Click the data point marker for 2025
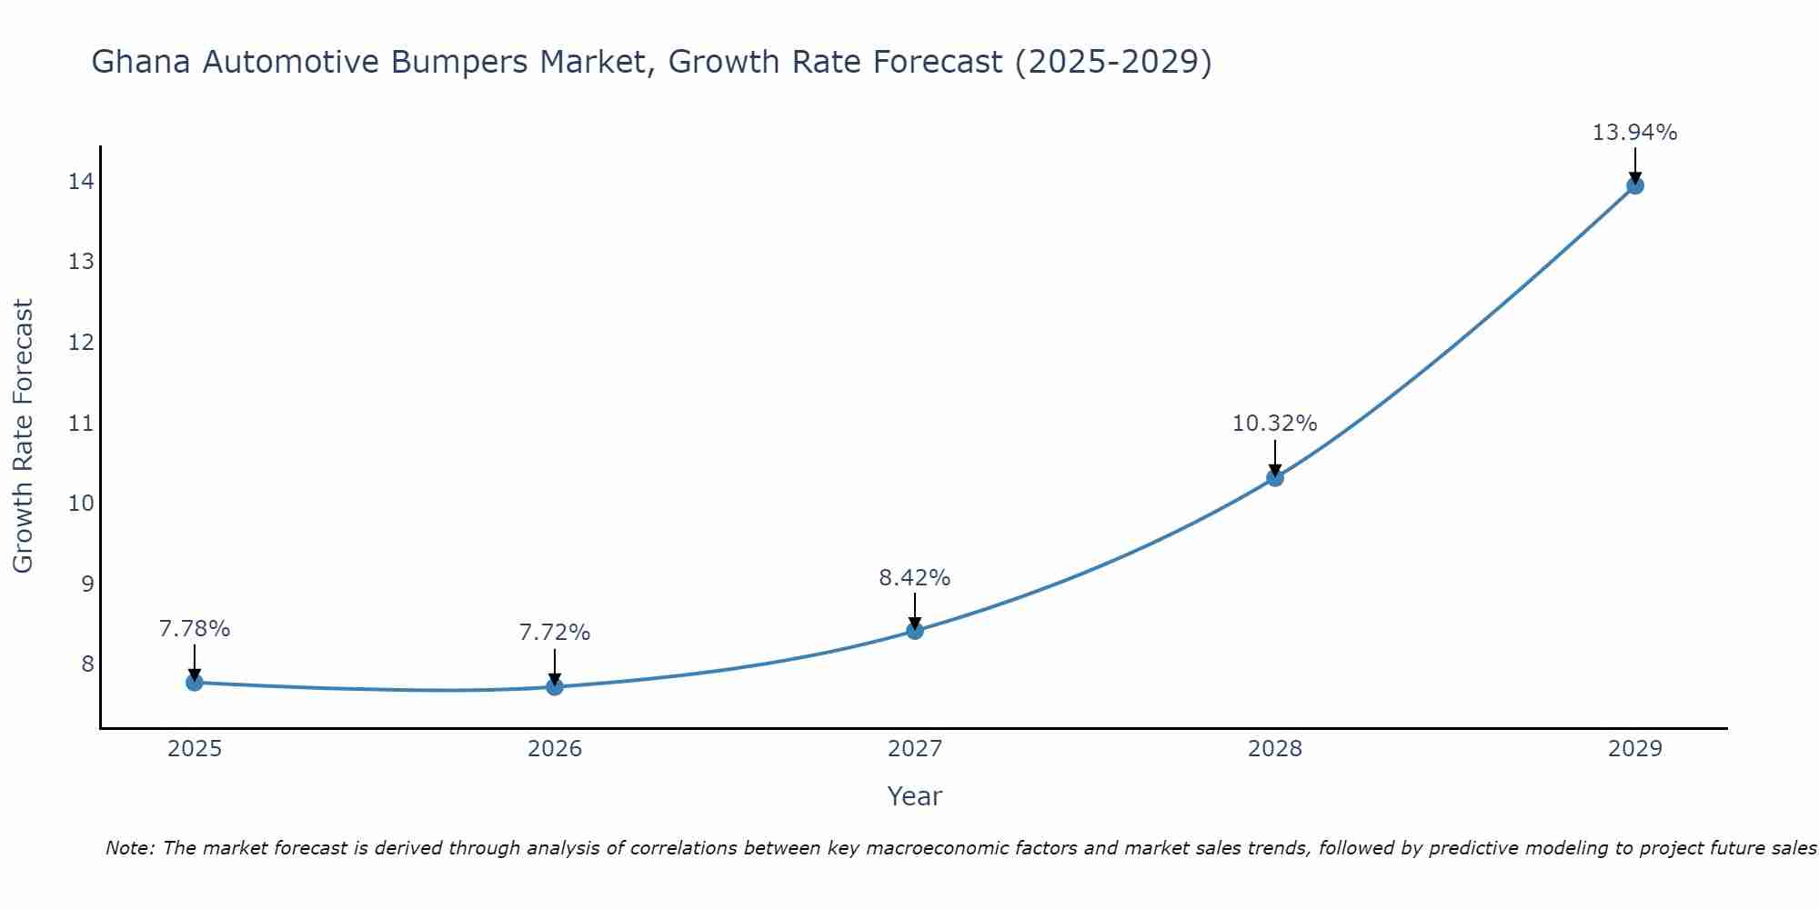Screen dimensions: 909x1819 coord(194,682)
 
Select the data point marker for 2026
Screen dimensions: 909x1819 coord(555,686)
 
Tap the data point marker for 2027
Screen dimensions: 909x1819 coord(915,630)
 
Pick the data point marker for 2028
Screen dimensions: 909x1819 coord(1275,477)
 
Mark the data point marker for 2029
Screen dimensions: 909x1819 coord(1634,185)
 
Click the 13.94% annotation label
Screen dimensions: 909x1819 coord(1634,133)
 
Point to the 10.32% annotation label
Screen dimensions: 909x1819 coord(1274,424)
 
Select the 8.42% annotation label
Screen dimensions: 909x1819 coord(914,578)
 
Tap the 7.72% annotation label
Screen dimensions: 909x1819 coord(555,633)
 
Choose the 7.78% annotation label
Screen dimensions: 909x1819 coord(195,629)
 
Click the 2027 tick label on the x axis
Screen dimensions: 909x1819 coord(915,749)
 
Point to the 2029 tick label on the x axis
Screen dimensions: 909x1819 coord(1634,749)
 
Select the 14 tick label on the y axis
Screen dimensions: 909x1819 coord(81,182)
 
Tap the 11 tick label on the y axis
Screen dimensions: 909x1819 coord(81,423)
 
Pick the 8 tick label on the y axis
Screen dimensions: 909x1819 coord(87,664)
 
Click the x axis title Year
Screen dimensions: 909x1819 coord(914,796)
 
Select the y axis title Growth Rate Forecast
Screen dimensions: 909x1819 coord(23,436)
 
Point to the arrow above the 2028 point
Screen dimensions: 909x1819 coord(1275,456)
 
